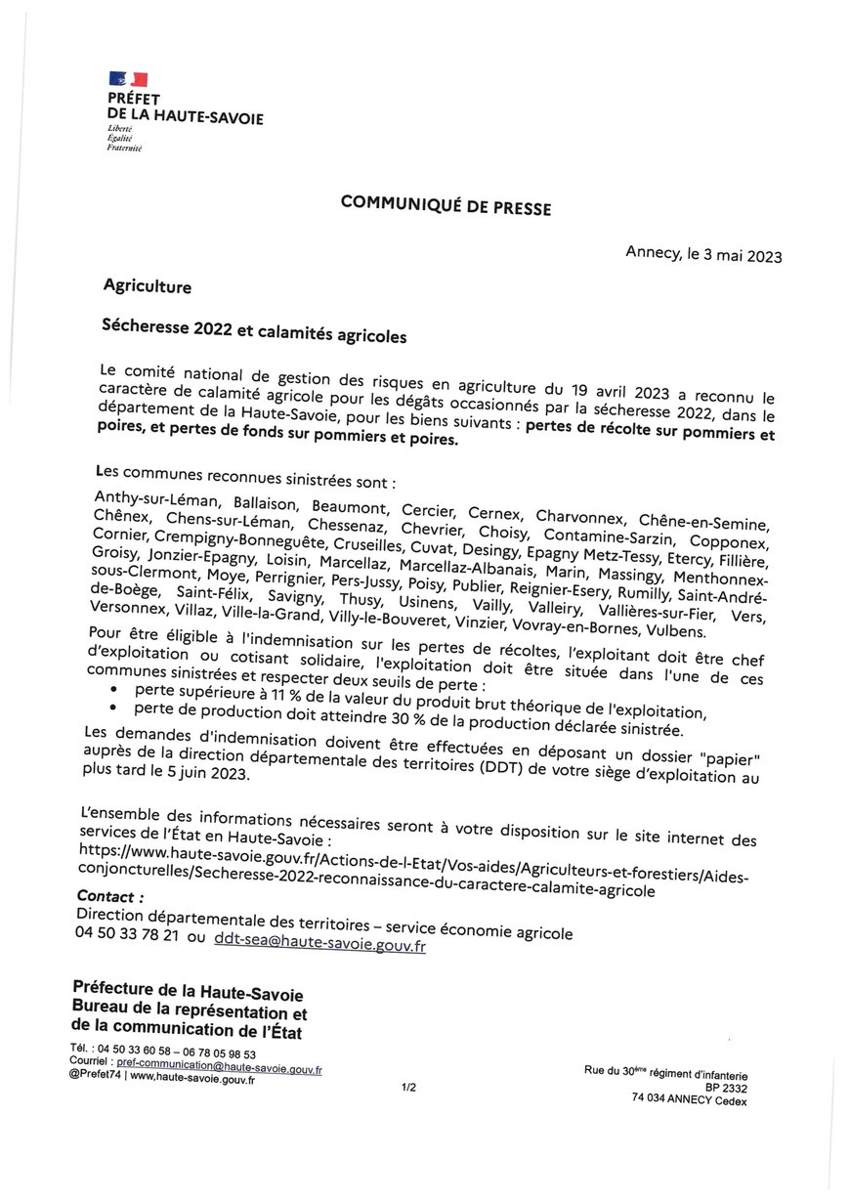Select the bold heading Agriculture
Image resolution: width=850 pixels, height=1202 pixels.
click(148, 287)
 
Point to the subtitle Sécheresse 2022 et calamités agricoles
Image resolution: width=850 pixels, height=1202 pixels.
click(253, 332)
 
